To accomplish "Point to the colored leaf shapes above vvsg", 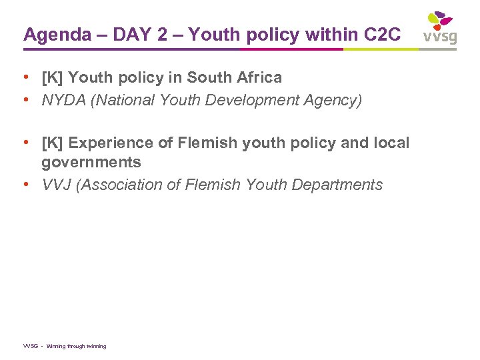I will [440, 19].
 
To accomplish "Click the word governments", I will [91, 162].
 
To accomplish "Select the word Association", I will [123, 185].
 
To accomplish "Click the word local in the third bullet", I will [391, 143].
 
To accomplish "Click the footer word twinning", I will [94, 346].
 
